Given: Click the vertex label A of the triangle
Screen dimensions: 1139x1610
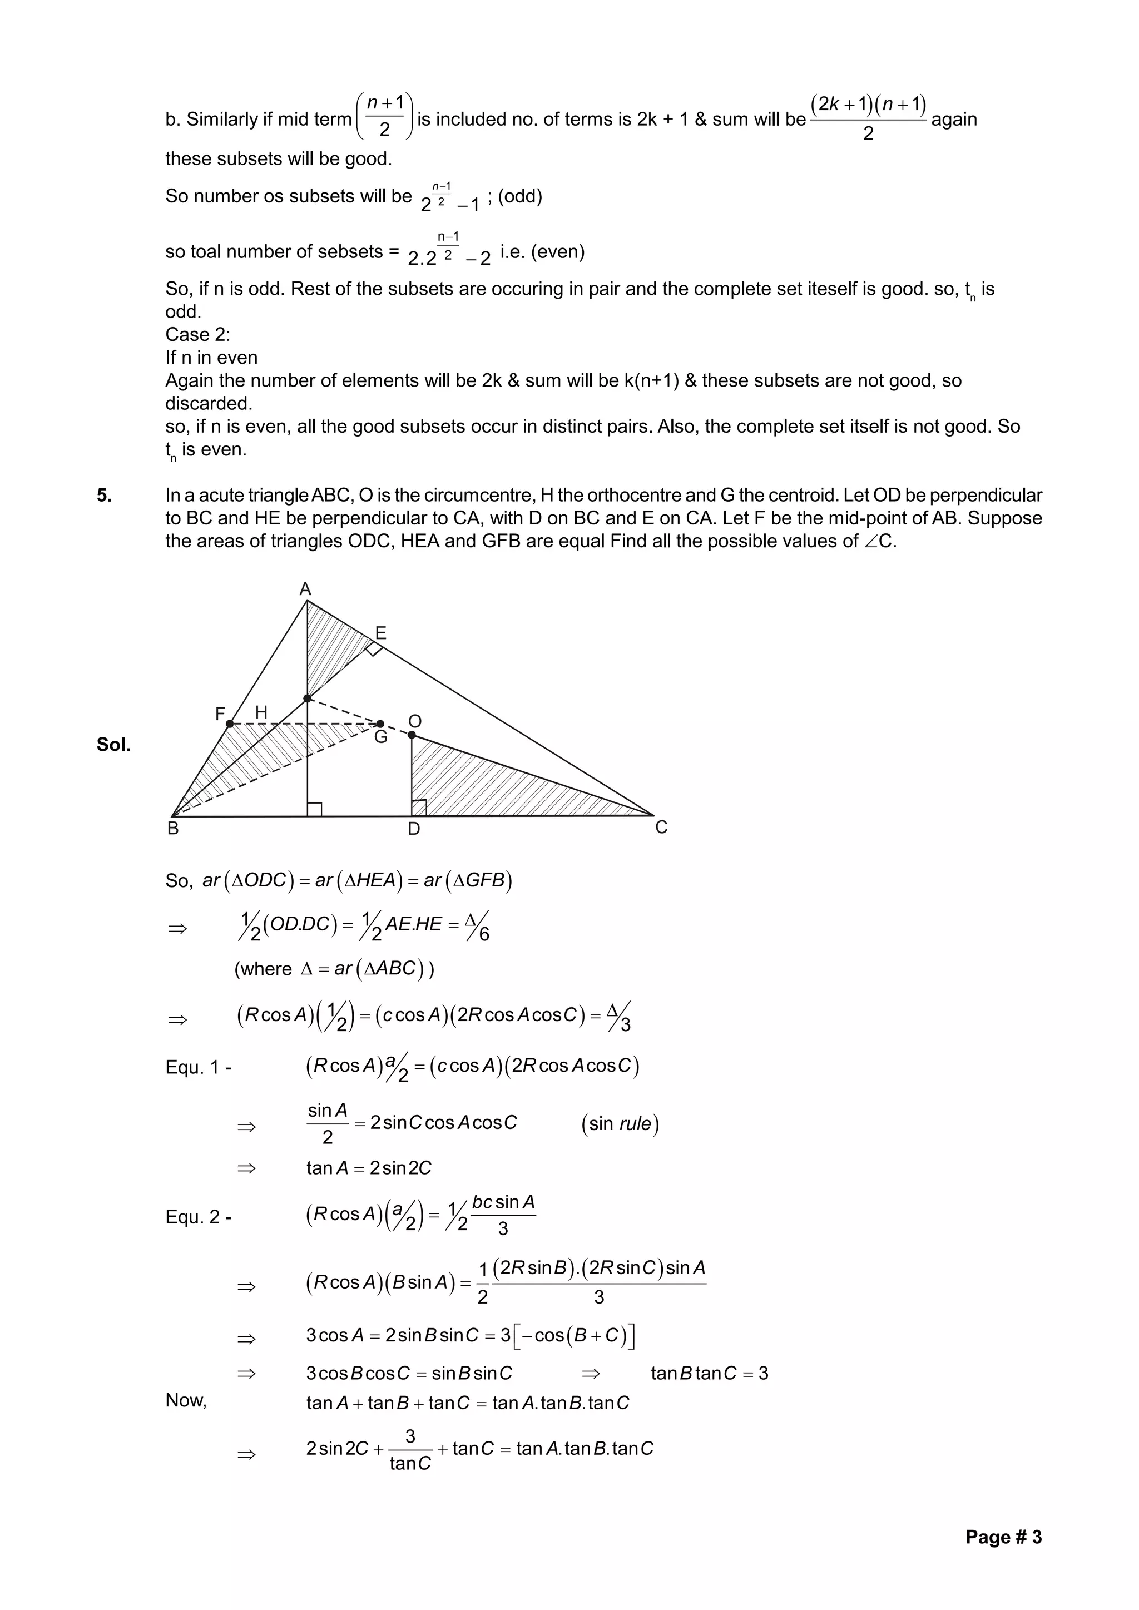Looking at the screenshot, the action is coord(305,589).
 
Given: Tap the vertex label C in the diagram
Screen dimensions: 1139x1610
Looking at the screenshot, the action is coord(661,828).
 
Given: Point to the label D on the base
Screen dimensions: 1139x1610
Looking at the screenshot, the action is coord(414,829).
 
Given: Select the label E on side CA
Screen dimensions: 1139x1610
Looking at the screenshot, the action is coord(381,633).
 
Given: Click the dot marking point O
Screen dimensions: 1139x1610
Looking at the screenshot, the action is coord(412,735).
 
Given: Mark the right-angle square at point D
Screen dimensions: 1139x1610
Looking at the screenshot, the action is coord(419,808).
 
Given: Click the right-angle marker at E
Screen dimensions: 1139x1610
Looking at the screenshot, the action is coord(374,648).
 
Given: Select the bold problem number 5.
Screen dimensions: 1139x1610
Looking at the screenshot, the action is coord(105,496).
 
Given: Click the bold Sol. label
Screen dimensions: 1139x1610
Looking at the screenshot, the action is coord(113,745).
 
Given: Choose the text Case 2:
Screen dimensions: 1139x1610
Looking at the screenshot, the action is coord(198,334).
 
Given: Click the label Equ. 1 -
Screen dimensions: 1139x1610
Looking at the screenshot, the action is coord(199,1068).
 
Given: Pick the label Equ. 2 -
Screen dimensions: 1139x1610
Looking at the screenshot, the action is coord(199,1217).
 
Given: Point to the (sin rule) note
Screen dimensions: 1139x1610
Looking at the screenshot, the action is coord(620,1124).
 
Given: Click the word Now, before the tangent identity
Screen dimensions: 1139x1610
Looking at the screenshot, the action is coord(186,1400).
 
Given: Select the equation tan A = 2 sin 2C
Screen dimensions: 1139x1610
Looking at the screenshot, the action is coord(368,1168).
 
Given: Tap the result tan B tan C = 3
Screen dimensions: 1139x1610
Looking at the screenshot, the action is coord(709,1373).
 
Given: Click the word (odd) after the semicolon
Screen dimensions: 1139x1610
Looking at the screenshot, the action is coord(519,196).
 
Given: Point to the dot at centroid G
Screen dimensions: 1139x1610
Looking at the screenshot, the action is coord(380,724).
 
